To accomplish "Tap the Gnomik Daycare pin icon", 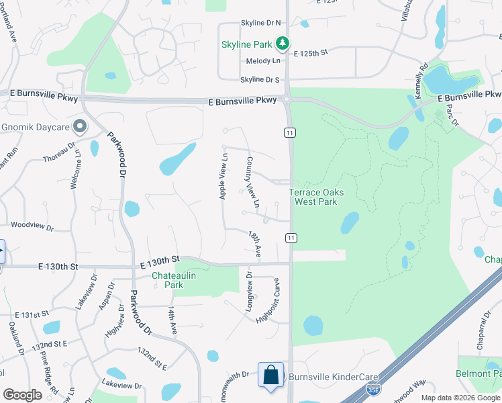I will coord(80,126).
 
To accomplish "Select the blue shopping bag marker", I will coord(271,376).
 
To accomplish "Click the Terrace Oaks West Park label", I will coord(317,197).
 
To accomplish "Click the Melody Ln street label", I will coord(263,60).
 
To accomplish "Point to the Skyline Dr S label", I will coord(259,80).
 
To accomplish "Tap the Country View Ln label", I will coord(253,181).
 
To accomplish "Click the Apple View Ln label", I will coord(224,176).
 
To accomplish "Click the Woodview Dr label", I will coord(32,228).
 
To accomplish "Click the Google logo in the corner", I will coord(22,395).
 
